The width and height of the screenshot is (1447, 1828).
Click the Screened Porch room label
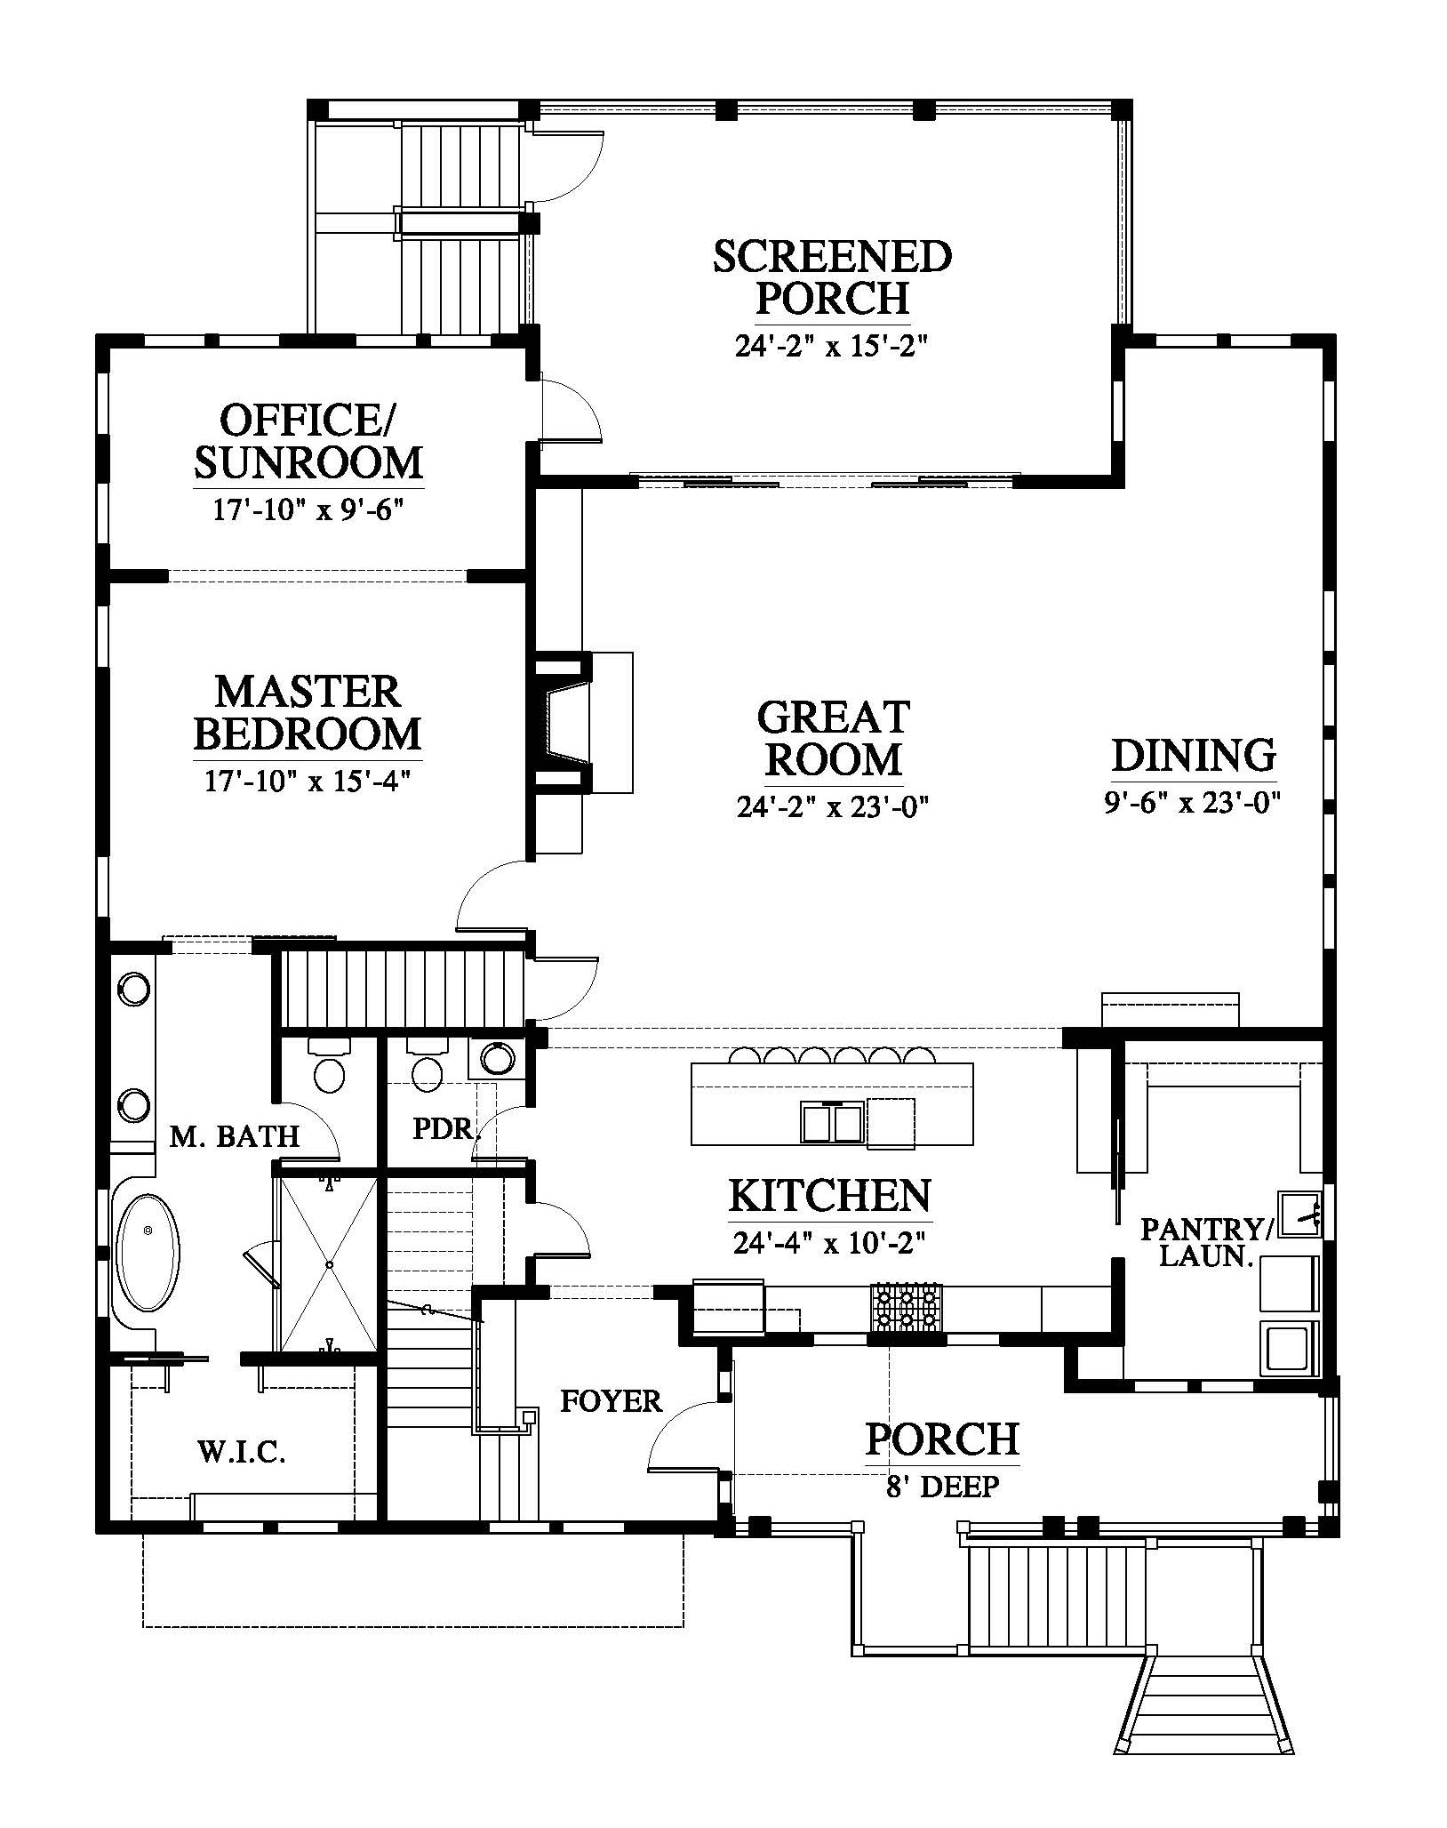pos(833,277)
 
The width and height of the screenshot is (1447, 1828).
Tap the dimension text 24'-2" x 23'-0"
pos(833,807)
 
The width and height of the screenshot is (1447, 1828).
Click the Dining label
pos(1194,755)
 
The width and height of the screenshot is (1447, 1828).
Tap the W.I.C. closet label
pos(241,1453)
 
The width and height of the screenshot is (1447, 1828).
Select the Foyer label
pos(612,1402)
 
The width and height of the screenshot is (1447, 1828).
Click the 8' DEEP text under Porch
pos(943,1486)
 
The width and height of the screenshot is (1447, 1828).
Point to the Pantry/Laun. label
pos(1207,1242)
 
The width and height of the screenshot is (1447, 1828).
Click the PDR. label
pos(447,1129)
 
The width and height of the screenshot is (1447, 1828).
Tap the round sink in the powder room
pos(498,1058)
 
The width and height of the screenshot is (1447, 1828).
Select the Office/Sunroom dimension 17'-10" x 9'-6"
pos(308,509)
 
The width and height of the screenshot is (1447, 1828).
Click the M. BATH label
pos(235,1135)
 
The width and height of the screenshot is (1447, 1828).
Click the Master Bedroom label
pos(308,714)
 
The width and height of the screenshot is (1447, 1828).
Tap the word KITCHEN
pos(830,1195)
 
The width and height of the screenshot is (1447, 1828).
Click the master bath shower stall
pos(329,1265)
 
